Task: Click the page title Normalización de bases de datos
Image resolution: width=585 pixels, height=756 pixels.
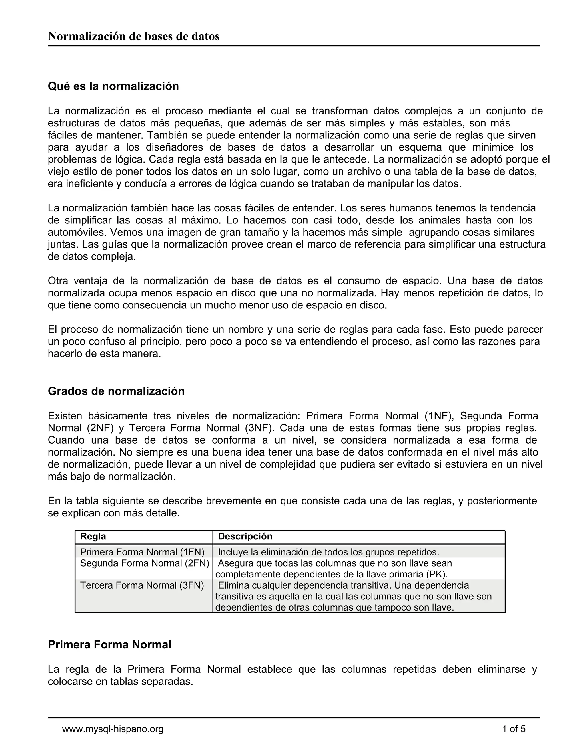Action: pos(133,36)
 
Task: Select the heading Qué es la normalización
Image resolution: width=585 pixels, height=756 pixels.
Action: pos(113,86)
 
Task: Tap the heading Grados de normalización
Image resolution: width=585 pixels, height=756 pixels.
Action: pos(116,391)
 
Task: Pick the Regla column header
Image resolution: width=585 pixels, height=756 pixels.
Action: pos(93,536)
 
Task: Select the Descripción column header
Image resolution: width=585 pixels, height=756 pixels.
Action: pos(245,536)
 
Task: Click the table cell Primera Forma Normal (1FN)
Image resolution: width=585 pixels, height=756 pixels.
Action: pos(142,552)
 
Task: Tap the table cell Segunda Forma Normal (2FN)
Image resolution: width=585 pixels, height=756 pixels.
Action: pos(145,563)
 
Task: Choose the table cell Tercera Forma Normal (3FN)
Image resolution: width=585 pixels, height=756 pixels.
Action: pos(142,585)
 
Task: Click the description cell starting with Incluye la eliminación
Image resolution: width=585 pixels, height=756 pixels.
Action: pos(328,552)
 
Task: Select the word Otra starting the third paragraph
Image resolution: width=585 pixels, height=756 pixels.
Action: pos(58,281)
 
